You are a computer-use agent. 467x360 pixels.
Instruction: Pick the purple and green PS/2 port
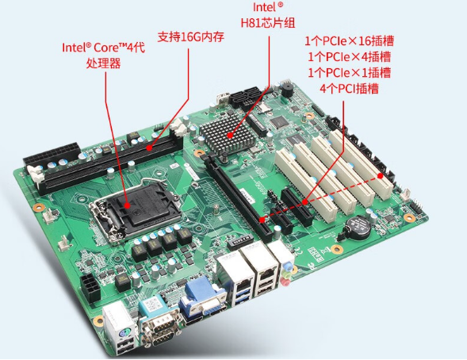(117, 322)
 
